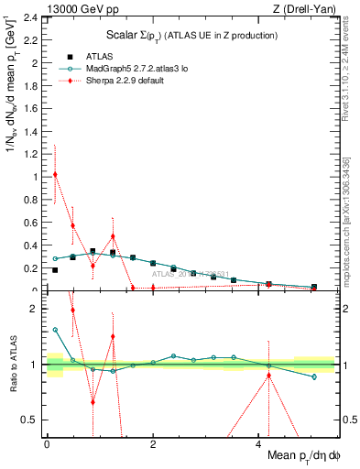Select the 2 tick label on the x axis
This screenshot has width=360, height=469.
153,443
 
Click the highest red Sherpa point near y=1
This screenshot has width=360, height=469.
55,174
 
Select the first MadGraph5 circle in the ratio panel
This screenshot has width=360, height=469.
55,330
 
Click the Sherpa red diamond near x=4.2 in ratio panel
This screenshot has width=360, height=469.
268,376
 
